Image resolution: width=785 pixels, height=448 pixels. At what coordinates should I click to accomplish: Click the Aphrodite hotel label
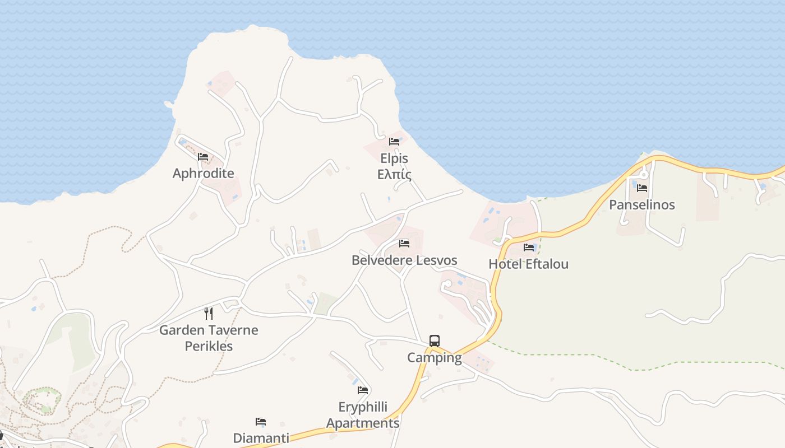[203, 173]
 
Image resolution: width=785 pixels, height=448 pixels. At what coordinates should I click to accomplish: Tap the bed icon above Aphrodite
[203, 157]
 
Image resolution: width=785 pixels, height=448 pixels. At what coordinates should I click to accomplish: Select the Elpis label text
[394, 158]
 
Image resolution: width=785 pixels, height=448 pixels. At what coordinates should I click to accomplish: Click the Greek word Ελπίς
[394, 175]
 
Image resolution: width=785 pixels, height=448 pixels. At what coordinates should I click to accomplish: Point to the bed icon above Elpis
[394, 142]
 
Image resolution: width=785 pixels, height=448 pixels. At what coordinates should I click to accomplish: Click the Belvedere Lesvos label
[404, 260]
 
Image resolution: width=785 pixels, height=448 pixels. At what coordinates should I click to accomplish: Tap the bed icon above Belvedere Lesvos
[404, 244]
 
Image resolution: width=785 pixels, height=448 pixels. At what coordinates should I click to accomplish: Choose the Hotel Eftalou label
[528, 264]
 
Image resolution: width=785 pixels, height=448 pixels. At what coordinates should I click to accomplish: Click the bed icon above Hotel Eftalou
[529, 247]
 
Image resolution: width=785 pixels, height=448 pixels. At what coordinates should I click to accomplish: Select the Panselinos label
[642, 204]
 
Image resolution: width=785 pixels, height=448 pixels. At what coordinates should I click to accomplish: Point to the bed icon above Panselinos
[642, 188]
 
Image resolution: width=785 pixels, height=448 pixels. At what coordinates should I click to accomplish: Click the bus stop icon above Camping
[435, 340]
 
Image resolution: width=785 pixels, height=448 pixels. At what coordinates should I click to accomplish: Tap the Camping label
[435, 357]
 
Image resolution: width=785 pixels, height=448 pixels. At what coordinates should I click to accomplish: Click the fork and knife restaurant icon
[209, 313]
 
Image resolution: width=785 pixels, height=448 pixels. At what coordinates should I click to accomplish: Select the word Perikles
[209, 346]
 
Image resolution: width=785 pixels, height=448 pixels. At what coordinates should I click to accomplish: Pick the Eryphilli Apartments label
[363, 415]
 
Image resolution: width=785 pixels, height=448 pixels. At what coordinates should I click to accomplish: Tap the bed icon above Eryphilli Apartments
[363, 390]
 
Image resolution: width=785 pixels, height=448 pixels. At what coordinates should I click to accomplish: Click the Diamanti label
[261, 438]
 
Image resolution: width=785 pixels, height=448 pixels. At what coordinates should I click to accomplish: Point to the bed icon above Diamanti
[261, 422]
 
